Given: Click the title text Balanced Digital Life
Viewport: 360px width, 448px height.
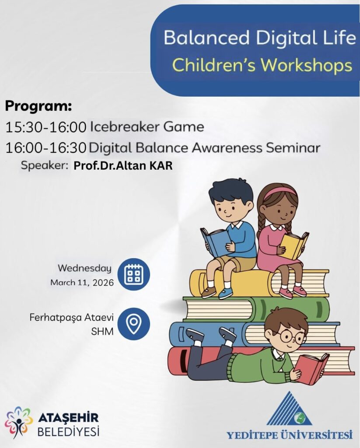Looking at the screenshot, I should coord(260,38).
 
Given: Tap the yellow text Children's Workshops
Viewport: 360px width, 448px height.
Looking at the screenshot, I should coord(262,65).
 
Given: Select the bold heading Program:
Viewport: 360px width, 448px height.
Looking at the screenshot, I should coord(38,106).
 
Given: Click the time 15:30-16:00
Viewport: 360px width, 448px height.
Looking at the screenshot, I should coord(46,127).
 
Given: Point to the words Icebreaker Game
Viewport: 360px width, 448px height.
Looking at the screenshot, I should coord(147,127).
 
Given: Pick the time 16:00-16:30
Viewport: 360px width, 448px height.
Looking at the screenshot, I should coord(46,148).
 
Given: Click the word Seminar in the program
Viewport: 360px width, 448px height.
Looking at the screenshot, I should coord(293,148).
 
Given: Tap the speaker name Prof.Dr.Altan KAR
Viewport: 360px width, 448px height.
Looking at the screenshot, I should coord(123,166).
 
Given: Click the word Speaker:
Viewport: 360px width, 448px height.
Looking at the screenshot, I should coord(45,166).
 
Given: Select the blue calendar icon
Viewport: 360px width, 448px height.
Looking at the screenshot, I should coord(134,275).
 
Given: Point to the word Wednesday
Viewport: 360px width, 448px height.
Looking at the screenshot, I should coord(85,268).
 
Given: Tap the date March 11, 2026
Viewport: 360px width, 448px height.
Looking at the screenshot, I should coord(82,283).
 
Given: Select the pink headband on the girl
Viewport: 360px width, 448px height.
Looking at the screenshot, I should coord(280,192).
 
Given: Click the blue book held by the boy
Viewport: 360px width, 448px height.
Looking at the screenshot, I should coord(216,241).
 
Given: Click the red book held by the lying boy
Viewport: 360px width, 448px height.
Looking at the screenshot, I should coord(311,367).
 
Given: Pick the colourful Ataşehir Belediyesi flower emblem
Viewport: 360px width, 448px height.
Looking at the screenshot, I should coord(18,422).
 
